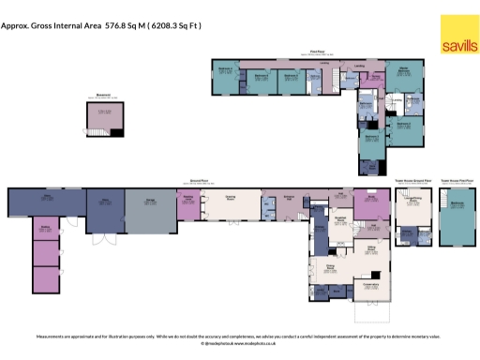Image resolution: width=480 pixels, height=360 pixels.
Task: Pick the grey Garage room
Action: click(150, 210)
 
